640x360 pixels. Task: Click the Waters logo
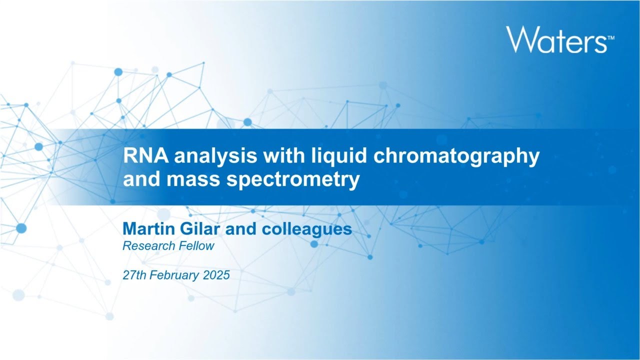(556, 39)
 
